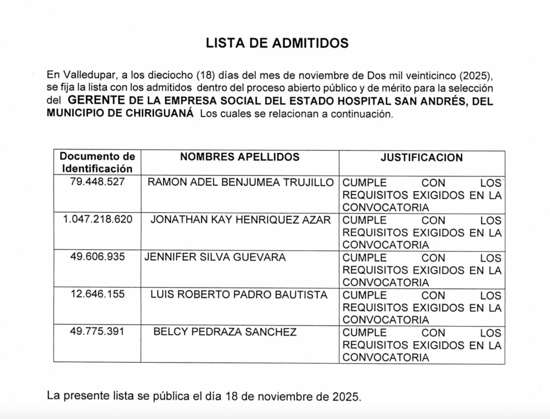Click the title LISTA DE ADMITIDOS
(x=277, y=44)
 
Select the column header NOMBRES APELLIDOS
(x=240, y=157)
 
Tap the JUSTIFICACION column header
(x=422, y=157)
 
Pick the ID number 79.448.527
(x=97, y=182)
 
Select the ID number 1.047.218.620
(x=97, y=220)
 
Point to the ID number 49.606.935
(x=97, y=257)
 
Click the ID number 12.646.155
(x=97, y=295)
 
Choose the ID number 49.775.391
(x=97, y=332)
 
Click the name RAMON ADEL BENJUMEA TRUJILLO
(x=241, y=182)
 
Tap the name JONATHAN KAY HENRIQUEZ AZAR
(x=241, y=220)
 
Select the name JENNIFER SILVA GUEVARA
(x=215, y=257)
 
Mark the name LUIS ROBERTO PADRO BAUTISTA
(x=239, y=295)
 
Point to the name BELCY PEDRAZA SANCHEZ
(x=225, y=332)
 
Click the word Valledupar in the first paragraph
(x=89, y=74)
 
